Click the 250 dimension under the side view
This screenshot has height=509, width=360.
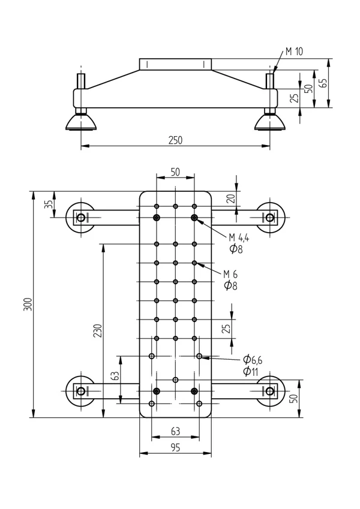click(x=175, y=140)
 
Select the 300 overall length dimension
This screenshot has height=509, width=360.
click(x=27, y=305)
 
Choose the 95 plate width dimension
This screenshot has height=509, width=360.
click(x=175, y=447)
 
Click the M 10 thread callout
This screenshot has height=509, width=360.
click(x=294, y=52)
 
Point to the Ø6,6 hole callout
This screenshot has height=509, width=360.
click(x=253, y=360)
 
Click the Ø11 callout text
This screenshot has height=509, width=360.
click(x=250, y=372)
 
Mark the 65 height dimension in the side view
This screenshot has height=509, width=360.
click(x=323, y=83)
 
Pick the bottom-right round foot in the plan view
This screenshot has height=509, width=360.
click(x=270, y=391)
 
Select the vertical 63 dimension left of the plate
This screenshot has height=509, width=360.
click(x=115, y=376)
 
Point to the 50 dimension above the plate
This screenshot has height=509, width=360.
click(x=175, y=171)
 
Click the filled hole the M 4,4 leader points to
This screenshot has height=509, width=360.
click(x=194, y=217)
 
